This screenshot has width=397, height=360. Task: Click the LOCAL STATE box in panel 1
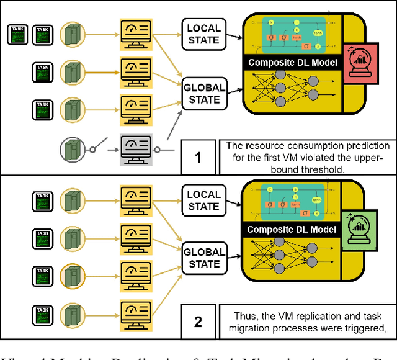[x=203, y=34]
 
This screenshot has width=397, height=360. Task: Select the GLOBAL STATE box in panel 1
[x=203, y=94]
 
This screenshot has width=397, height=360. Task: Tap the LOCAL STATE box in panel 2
[x=203, y=199]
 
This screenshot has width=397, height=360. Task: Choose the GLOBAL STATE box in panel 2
[x=203, y=258]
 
